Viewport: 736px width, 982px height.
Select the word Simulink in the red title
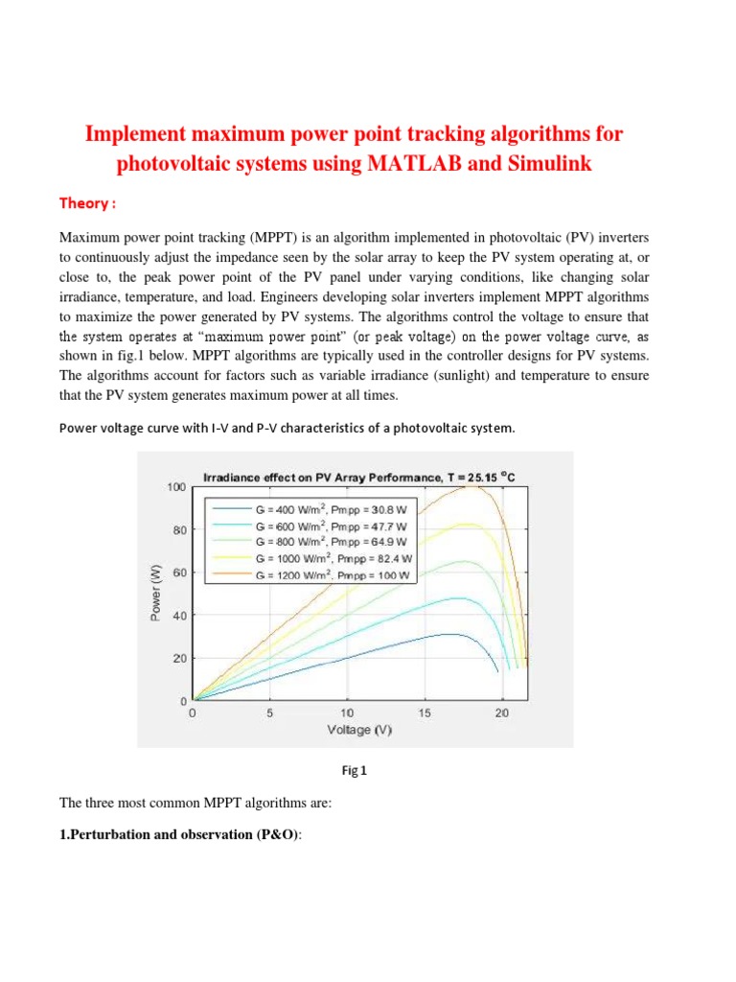(x=543, y=164)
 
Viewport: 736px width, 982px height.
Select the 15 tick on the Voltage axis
(x=425, y=713)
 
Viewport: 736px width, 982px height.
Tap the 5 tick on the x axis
(x=270, y=713)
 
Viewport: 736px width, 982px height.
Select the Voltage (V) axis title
(x=359, y=730)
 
